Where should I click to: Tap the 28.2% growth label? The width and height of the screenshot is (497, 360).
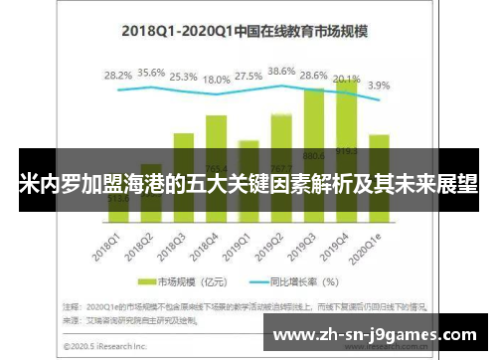(118, 75)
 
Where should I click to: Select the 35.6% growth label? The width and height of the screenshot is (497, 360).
(151, 73)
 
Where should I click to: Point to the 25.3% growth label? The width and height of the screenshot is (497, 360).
(183, 76)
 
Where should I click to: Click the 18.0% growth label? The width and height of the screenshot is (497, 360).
(216, 79)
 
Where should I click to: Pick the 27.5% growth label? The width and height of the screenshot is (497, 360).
(248, 76)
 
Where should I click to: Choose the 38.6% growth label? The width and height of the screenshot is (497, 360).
(281, 72)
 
